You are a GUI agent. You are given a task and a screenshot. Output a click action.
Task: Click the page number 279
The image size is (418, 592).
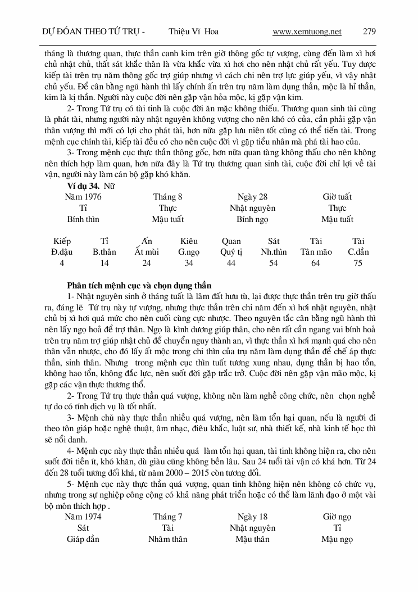pos(369,31)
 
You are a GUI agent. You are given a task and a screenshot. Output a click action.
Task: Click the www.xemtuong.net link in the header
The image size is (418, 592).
pos(307,31)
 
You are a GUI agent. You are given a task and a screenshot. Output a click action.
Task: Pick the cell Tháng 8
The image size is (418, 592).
pos(167,197)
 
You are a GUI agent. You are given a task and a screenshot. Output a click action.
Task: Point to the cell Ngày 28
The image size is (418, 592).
pos(252,197)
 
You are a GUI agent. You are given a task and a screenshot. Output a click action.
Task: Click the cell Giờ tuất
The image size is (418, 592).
pos(337,197)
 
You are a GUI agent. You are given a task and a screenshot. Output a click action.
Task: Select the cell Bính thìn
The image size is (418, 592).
pos(83,219)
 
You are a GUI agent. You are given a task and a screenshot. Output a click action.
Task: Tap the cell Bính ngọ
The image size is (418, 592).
pos(252,219)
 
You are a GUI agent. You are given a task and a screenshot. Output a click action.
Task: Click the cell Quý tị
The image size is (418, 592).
pos(231,252)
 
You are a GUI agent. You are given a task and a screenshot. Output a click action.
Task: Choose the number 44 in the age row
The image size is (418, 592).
pos(231,263)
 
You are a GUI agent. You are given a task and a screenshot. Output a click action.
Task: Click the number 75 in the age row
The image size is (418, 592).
pos(358,263)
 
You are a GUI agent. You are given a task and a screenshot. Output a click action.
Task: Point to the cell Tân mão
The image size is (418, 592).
pos(316,252)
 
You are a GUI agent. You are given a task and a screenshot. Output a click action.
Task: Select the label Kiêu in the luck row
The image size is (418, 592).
pos(189,241)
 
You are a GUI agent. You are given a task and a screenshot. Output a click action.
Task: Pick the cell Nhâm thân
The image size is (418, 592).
pos(167,539)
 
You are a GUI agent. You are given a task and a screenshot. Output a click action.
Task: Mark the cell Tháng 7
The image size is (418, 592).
pos(167,517)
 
